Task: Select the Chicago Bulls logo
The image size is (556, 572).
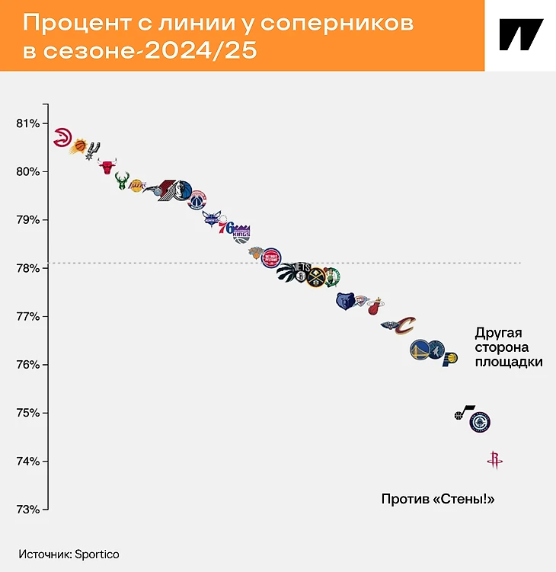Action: coord(107,166)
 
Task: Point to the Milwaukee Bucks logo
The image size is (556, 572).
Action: coord(122,181)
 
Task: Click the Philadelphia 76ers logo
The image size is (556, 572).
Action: coord(226,227)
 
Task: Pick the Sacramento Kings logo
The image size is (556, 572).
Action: coord(241,232)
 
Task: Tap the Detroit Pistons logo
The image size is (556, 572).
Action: coord(272,257)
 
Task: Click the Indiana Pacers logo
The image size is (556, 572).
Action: coord(449,358)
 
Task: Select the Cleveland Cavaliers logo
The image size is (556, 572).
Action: coord(406,326)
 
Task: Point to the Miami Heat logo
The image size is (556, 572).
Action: coord(375,307)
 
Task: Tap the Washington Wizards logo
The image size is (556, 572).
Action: coord(197,200)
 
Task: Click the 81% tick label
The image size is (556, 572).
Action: coord(27,123)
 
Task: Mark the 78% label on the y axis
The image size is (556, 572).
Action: coord(27,268)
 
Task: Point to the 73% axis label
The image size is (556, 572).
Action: coord(27,510)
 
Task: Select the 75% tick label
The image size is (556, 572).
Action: coord(27,413)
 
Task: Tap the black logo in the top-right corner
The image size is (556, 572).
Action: coord(521,35)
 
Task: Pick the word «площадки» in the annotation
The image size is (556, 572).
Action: coord(509,362)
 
